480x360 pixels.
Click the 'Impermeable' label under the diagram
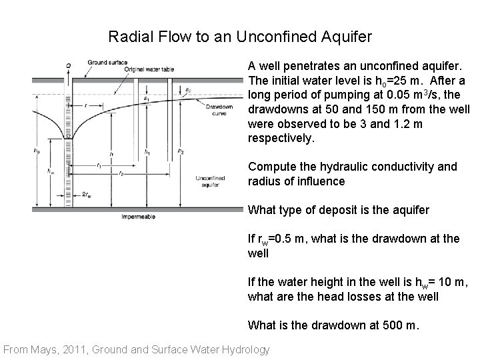[x=137, y=217]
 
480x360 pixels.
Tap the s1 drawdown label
[x=147, y=98]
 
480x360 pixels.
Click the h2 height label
[x=181, y=151]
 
